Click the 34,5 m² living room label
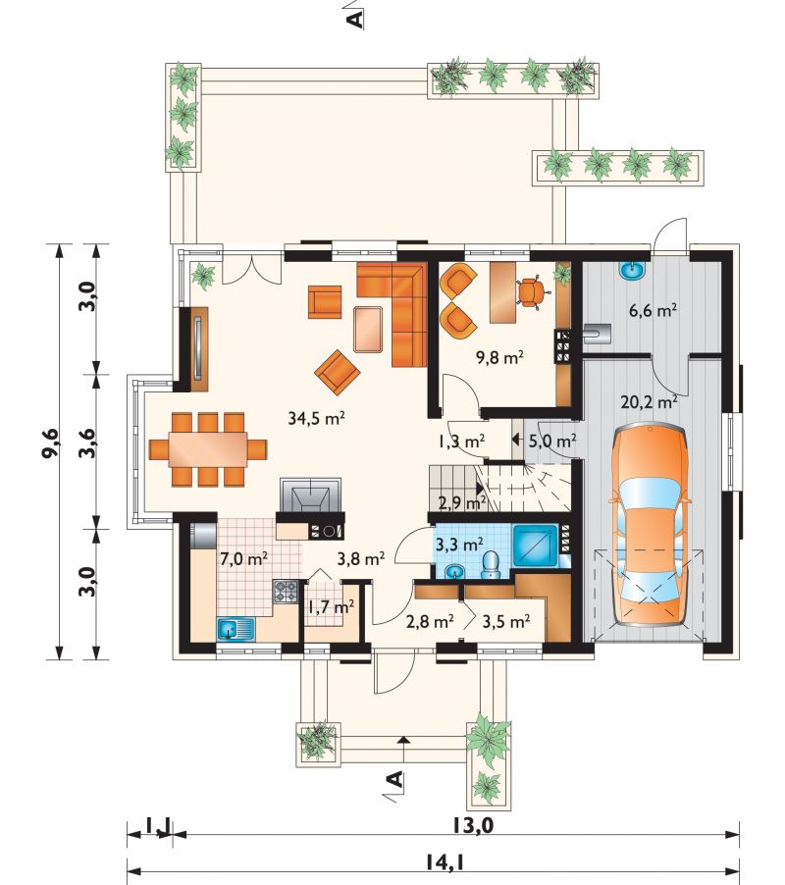[x=316, y=418]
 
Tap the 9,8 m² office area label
[x=500, y=357]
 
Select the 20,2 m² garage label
[x=649, y=402]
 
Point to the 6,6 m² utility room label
[x=653, y=310]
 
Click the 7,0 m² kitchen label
[x=243, y=559]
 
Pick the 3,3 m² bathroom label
[x=459, y=545]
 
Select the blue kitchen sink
[x=235, y=629]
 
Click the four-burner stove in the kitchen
[x=286, y=591]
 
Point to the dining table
[x=208, y=449]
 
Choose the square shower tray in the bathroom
[x=534, y=546]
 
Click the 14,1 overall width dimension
[x=449, y=861]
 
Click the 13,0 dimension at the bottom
[x=472, y=825]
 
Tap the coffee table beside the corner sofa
[x=369, y=329]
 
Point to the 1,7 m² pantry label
[x=331, y=607]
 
